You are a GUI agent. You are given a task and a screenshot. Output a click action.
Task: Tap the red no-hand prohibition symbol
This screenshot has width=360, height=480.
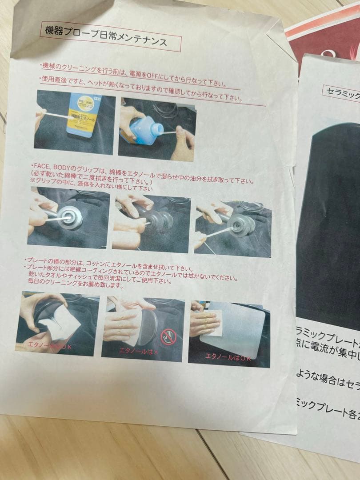coord(168,337)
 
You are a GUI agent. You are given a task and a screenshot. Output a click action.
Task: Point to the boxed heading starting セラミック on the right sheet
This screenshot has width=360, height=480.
coord(340,91)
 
